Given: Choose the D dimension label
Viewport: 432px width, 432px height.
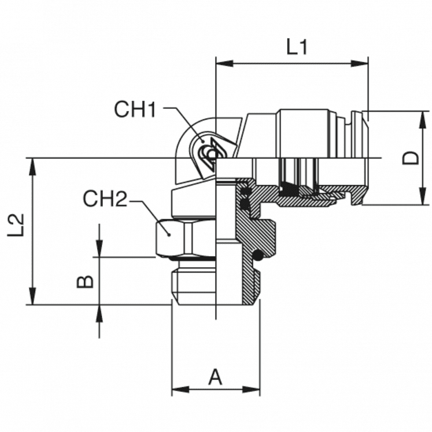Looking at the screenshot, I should [410, 157].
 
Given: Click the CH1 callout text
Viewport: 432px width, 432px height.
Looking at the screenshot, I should [135, 109].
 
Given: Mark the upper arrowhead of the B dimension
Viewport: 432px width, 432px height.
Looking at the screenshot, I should [99, 252].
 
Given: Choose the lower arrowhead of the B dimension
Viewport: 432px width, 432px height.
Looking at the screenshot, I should [99, 309].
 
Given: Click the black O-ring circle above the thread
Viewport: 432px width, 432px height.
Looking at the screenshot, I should [259, 254].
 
